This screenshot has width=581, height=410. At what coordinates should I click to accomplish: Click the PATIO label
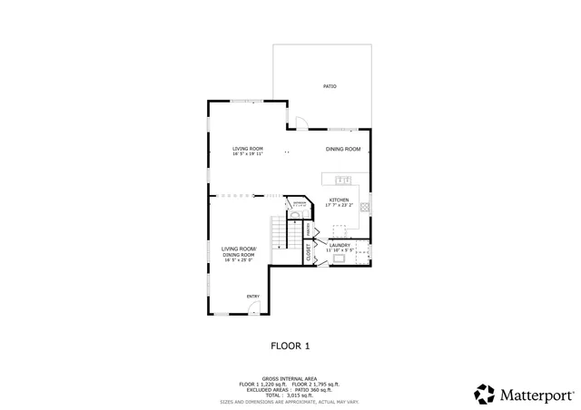[330, 86]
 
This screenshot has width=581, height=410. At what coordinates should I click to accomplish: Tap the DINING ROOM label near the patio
[343, 149]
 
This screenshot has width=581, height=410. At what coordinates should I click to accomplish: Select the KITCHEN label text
[339, 200]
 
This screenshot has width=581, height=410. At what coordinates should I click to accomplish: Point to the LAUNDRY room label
[340, 244]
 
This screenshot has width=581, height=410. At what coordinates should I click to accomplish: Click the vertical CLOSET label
[309, 254]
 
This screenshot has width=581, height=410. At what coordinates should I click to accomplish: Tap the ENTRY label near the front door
[253, 296]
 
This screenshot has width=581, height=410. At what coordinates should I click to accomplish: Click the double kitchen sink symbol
[344, 181]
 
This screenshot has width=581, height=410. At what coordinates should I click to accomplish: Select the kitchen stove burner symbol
[364, 207]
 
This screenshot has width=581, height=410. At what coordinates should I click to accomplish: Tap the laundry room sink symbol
[339, 259]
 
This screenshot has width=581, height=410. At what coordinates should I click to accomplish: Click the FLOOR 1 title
[290, 346]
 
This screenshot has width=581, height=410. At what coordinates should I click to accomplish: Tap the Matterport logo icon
[485, 394]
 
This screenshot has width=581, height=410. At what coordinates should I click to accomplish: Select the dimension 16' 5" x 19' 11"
[247, 155]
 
